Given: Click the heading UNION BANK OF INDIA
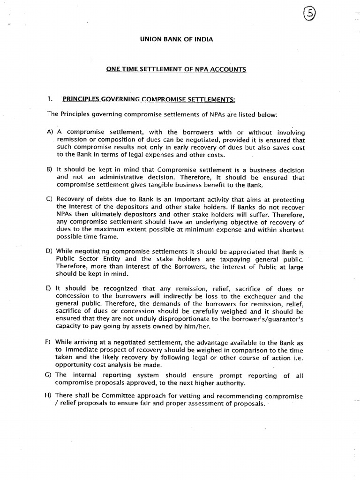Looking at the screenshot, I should click(176, 39).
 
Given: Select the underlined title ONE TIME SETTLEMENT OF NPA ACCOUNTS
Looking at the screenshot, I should click(176, 69).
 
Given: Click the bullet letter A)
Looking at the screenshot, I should click(50, 133).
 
